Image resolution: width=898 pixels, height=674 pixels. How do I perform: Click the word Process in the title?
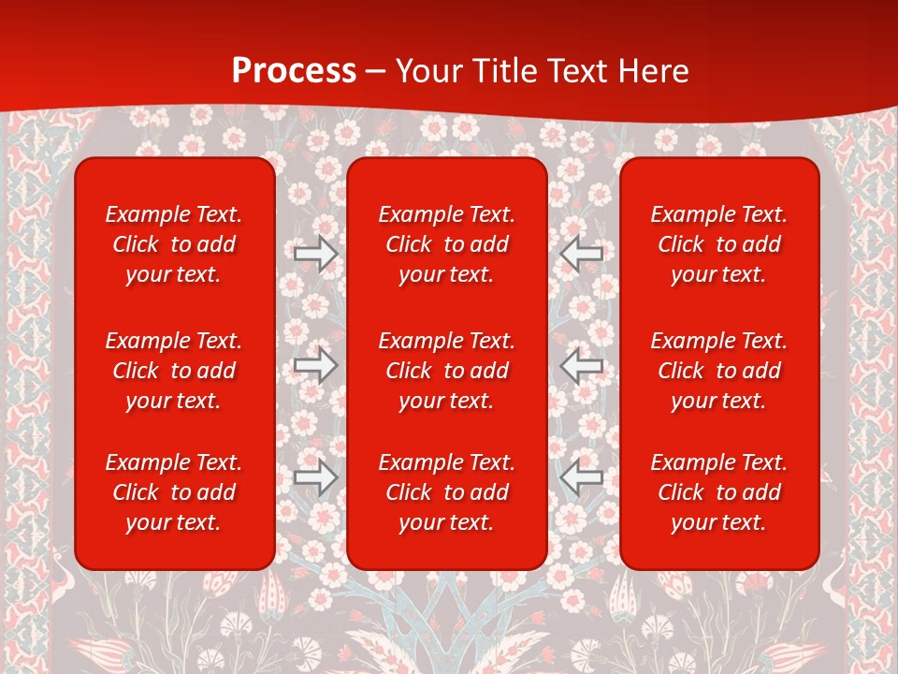[x=294, y=71]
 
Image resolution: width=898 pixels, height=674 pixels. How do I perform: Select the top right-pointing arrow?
[x=316, y=253]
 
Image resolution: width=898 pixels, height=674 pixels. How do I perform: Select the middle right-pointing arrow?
[x=316, y=365]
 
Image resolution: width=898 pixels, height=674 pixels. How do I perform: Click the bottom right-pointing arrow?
[x=316, y=477]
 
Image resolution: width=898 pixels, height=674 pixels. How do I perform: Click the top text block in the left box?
[x=174, y=244]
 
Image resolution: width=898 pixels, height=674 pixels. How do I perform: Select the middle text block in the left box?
[x=174, y=371]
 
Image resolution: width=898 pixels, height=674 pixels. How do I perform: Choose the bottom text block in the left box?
[x=174, y=492]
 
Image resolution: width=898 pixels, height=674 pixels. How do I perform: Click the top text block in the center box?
[x=447, y=244]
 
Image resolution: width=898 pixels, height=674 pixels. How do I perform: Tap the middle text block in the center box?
[x=447, y=371]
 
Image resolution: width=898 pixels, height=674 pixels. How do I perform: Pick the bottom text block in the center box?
[x=447, y=492]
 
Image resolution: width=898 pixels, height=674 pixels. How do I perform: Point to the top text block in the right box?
[x=719, y=244]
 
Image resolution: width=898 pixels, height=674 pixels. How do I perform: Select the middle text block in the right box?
[x=719, y=371]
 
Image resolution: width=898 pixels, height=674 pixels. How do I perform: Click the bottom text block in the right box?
[x=719, y=492]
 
